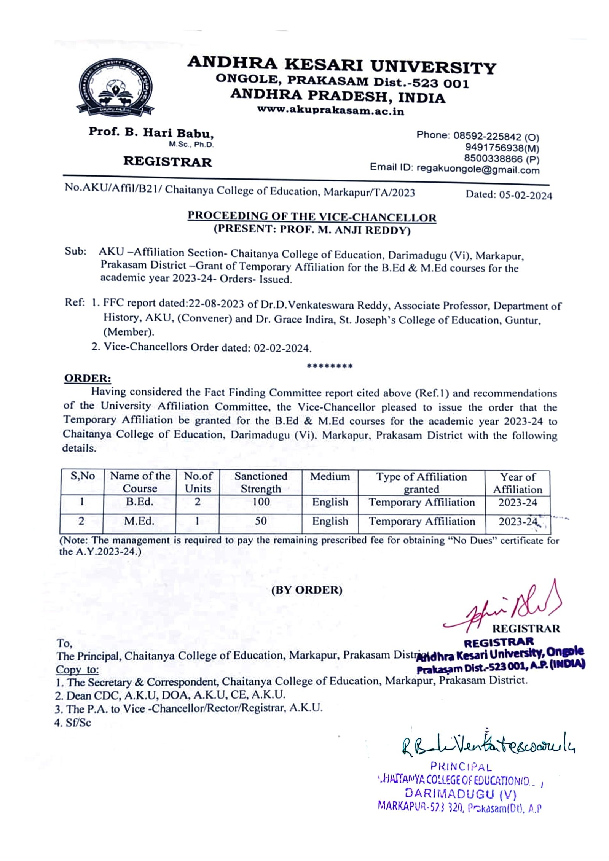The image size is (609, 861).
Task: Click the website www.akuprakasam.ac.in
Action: coord(330,110)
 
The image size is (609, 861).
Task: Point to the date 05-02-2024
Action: coord(525,196)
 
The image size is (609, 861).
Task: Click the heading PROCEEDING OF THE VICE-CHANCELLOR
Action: coord(312,217)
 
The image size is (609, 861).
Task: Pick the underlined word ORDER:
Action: coord(87,379)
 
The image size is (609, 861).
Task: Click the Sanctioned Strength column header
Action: coord(261,482)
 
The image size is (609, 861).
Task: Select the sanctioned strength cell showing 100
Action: coord(261,502)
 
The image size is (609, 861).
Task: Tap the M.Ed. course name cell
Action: coord(139,521)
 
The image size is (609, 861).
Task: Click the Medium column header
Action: coord(330,477)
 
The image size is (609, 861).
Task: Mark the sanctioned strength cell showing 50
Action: coord(261,521)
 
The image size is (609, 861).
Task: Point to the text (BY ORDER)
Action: coord(307,590)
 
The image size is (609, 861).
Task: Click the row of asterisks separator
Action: coord(330,366)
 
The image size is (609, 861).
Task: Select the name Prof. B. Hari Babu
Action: coord(151,133)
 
